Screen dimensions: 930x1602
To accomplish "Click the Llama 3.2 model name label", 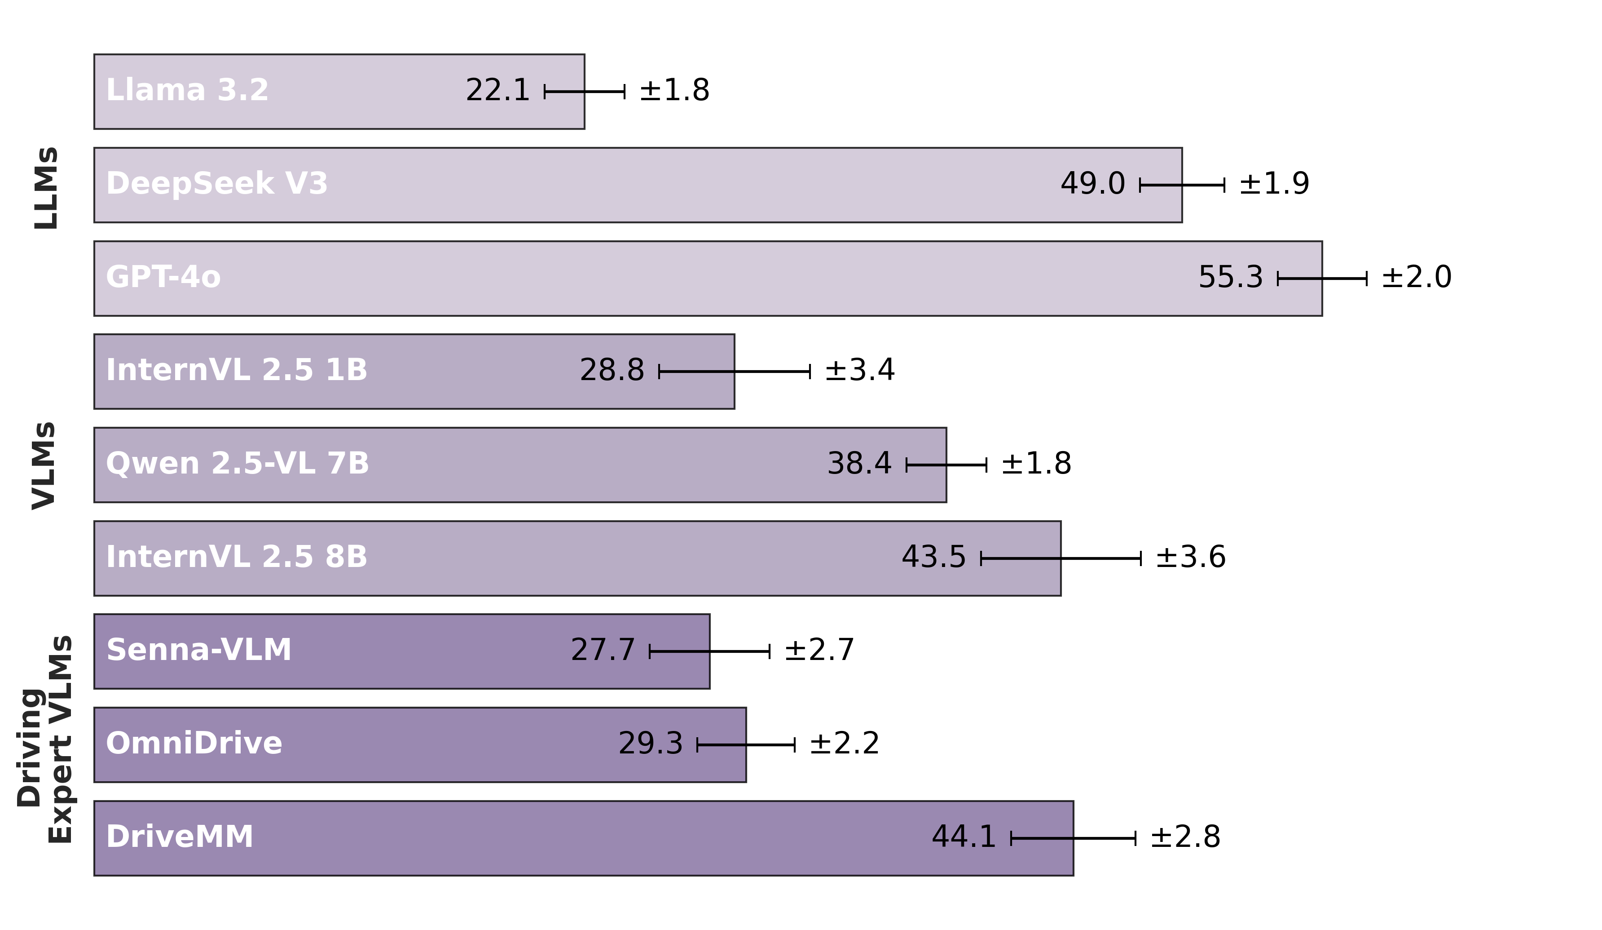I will pos(187,90).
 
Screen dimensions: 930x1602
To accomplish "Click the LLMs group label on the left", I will pos(46,188).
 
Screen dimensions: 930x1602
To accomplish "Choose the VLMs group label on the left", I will pos(44,465).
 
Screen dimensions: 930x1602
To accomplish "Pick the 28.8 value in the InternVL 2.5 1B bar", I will pos(612,370).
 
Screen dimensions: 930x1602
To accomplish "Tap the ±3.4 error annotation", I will pos(859,370).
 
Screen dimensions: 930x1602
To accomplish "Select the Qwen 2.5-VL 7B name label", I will pos(237,464).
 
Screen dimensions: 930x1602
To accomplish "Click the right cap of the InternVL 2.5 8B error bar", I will pos(1140,558).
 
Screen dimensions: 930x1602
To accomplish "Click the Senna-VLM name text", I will pos(198,650).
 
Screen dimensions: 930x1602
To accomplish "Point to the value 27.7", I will pos(602,650).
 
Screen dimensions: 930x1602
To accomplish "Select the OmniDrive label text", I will pos(194,744).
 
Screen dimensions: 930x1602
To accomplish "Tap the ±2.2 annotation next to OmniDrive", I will pos(844,744).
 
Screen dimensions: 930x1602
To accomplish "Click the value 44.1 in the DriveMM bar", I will pos(963,837).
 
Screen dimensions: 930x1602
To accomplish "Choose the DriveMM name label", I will pos(179,837).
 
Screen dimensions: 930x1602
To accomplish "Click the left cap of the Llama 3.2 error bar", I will pos(545,92).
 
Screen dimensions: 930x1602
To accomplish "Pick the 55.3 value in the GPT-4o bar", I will pos(1230,277).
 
